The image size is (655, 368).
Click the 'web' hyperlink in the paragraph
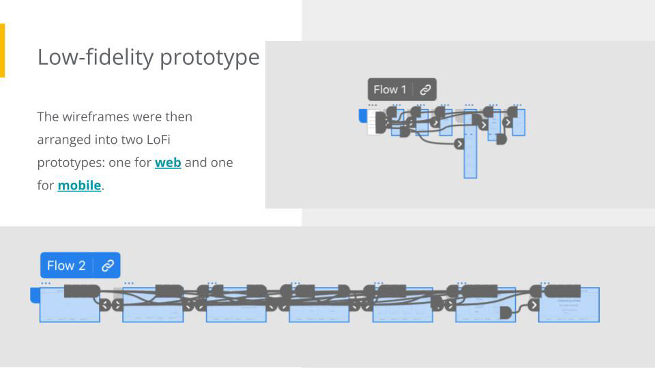click(x=168, y=162)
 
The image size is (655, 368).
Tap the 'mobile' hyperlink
click(x=79, y=185)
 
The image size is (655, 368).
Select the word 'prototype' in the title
click(x=209, y=57)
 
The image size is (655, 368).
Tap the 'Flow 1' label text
click(x=390, y=89)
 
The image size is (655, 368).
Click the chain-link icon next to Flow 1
click(x=425, y=89)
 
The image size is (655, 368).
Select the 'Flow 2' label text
click(x=66, y=265)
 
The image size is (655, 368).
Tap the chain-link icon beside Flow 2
click(x=108, y=265)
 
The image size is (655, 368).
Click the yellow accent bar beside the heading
click(x=2, y=50)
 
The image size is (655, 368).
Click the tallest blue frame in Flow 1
click(x=470, y=160)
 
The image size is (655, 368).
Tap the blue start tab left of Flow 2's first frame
click(x=35, y=294)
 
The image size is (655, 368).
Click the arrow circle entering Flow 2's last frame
click(x=534, y=305)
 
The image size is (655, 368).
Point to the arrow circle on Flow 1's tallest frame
click(x=459, y=144)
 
